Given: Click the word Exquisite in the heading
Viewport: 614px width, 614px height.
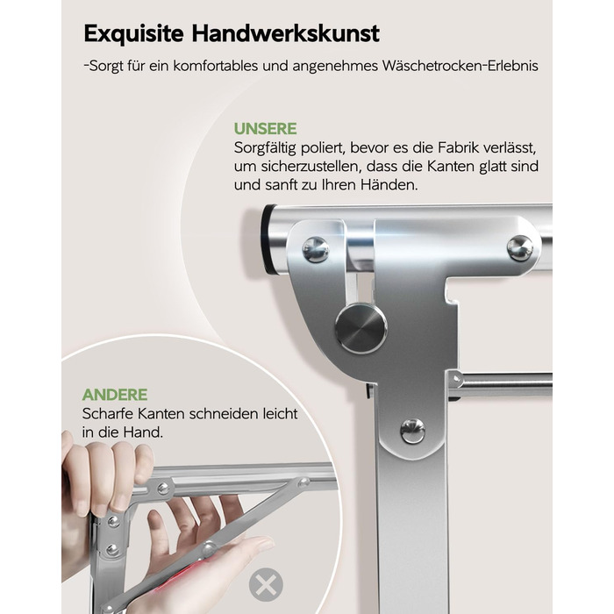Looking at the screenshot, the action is [133, 33].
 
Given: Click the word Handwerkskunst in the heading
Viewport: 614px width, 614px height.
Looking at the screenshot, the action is [285, 33].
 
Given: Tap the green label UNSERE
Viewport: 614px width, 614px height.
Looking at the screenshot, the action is [265, 129].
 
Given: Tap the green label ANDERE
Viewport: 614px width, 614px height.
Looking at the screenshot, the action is [115, 395].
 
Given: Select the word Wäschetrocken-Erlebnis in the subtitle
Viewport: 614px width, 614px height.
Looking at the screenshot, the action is [460, 66].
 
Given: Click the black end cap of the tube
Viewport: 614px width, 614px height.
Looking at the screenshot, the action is [268, 239].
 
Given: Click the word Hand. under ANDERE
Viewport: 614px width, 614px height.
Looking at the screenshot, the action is [143, 432].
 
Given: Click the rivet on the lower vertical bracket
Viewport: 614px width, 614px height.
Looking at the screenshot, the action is [412, 431].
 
